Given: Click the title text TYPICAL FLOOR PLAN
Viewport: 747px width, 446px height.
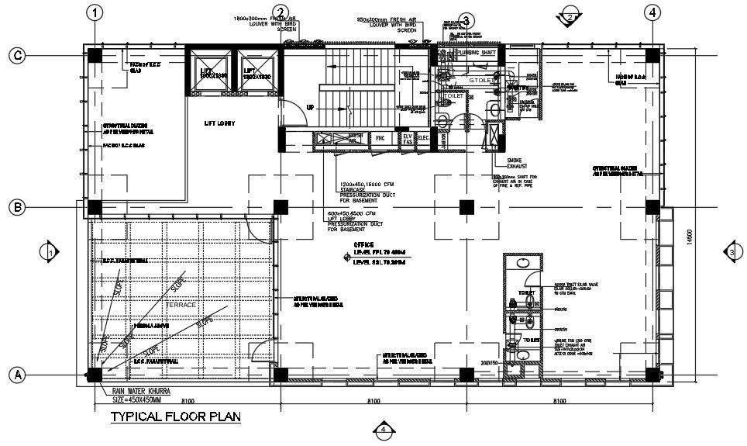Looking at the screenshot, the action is pyautogui.click(x=175, y=417).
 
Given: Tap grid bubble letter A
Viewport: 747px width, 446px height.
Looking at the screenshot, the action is pyautogui.click(x=16, y=375).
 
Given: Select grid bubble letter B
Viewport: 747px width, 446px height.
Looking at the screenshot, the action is pyautogui.click(x=16, y=207).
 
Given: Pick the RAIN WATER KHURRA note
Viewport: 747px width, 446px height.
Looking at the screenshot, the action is pyautogui.click(x=142, y=391).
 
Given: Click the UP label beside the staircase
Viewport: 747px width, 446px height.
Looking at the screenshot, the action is pyautogui.click(x=311, y=107).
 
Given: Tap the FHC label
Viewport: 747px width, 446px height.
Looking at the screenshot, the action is pyautogui.click(x=380, y=139).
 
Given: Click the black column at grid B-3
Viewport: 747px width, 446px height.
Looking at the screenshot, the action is pyautogui.click(x=466, y=207).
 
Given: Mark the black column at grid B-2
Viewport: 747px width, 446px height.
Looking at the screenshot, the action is pyautogui.click(x=281, y=207).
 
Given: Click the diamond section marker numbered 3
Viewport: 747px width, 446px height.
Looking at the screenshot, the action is pyautogui.click(x=732, y=252).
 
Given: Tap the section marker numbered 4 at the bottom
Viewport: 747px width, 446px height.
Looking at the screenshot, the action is pyautogui.click(x=381, y=429).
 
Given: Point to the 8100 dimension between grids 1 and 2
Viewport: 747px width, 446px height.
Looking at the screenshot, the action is pyautogui.click(x=187, y=401).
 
